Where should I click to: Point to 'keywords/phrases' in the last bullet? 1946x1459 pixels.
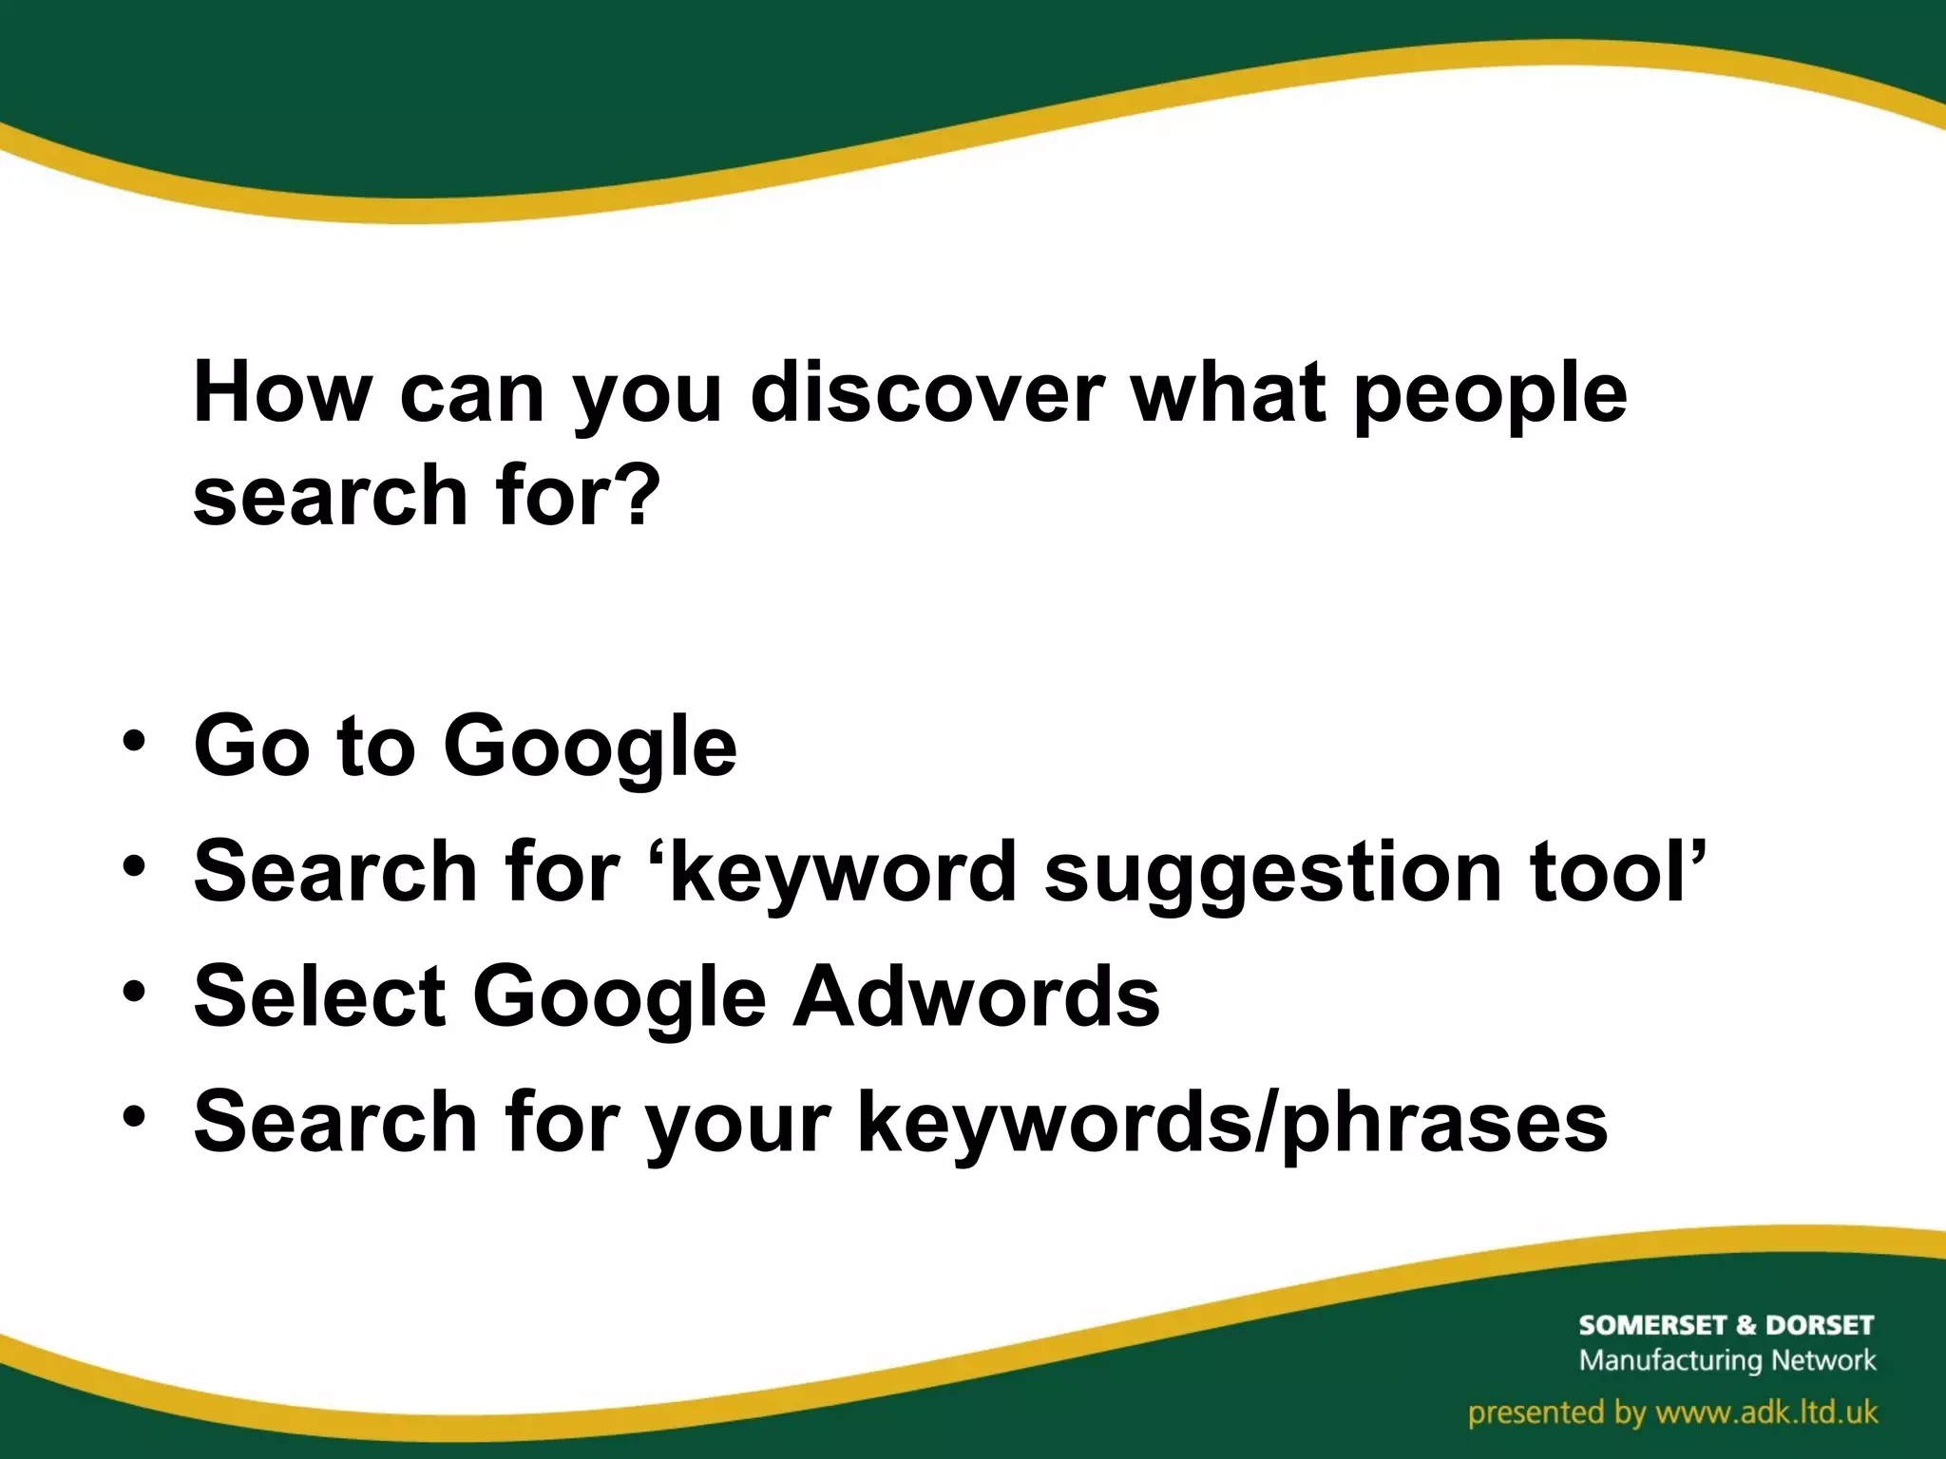coord(1231,1125)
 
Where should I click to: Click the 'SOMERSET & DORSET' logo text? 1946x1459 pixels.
coord(1726,1325)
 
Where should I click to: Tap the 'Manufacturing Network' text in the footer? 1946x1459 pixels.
coord(1727,1360)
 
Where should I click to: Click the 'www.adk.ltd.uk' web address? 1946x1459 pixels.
coord(1766,1412)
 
